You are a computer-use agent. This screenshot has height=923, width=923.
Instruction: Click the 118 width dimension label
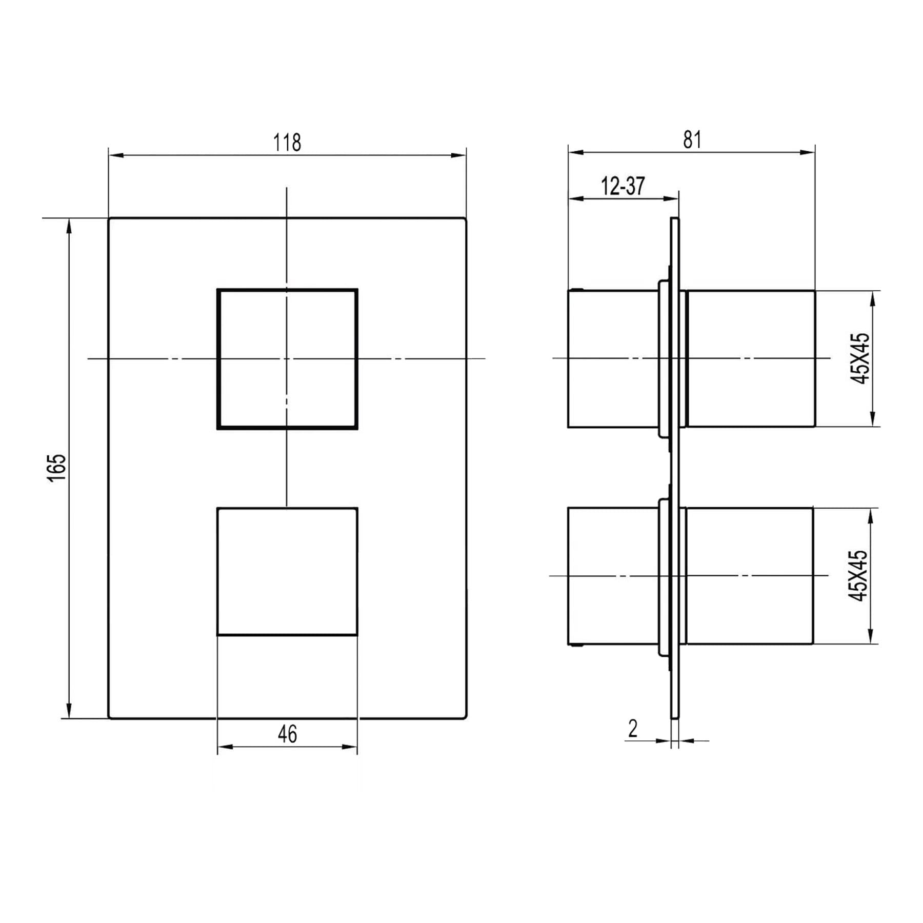(x=287, y=142)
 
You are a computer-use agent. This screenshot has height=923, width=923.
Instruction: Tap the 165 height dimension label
(x=57, y=467)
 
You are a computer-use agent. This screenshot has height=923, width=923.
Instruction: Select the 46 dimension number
(x=287, y=734)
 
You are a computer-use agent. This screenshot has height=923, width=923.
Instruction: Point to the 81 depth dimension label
(x=692, y=139)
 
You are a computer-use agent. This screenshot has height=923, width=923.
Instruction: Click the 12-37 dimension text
(x=623, y=186)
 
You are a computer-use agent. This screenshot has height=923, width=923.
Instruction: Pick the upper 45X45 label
(x=860, y=358)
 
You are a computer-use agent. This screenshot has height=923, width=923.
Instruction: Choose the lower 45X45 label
(x=858, y=576)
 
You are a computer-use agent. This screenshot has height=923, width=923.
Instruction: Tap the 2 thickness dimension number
(x=633, y=729)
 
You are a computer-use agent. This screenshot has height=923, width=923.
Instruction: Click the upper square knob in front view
(x=287, y=359)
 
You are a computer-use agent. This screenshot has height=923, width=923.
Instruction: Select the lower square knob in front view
(x=287, y=572)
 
